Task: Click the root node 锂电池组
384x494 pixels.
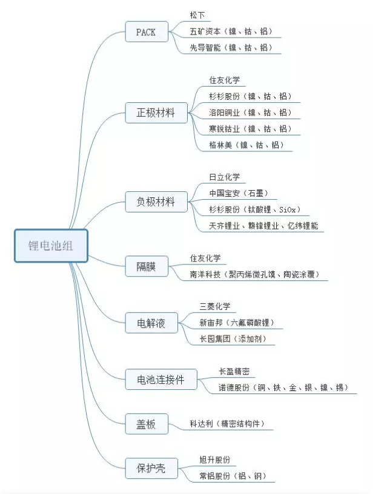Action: (51, 246)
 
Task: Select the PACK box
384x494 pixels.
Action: (147, 31)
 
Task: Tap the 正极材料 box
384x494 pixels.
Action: (156, 113)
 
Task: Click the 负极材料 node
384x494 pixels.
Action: (156, 202)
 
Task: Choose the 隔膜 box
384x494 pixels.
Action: (147, 266)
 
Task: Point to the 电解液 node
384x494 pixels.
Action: (151, 323)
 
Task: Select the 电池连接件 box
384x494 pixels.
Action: (161, 380)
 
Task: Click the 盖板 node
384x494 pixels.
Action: (147, 424)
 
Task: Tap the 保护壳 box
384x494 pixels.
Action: (151, 469)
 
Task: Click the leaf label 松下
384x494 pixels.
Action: (197, 15)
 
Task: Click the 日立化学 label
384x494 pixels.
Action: (225, 177)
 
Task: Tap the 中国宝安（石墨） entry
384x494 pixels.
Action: (239, 193)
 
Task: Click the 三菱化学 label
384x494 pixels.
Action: (214, 306)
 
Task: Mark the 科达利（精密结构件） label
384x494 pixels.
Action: (227, 424)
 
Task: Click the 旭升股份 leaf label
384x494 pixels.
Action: (214, 459)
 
